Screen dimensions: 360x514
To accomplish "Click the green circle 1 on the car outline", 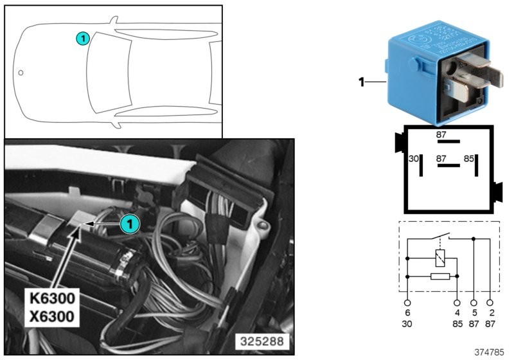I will (x=82, y=39).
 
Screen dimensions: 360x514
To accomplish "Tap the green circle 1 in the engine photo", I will (x=129, y=224).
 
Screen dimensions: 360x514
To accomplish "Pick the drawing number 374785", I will (x=490, y=353).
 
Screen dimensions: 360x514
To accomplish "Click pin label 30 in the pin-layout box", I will (x=414, y=159).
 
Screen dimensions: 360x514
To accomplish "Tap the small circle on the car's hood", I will (x=21, y=73).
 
